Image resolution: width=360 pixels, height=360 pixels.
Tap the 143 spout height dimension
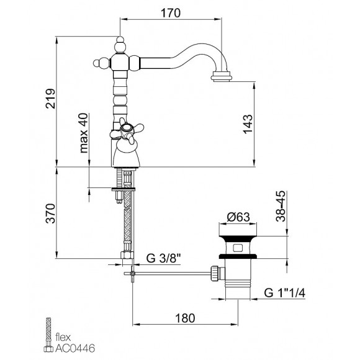click(265, 124)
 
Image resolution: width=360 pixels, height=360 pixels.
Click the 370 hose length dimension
click(50, 213)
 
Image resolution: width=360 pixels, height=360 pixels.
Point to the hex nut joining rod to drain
click(214, 272)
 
